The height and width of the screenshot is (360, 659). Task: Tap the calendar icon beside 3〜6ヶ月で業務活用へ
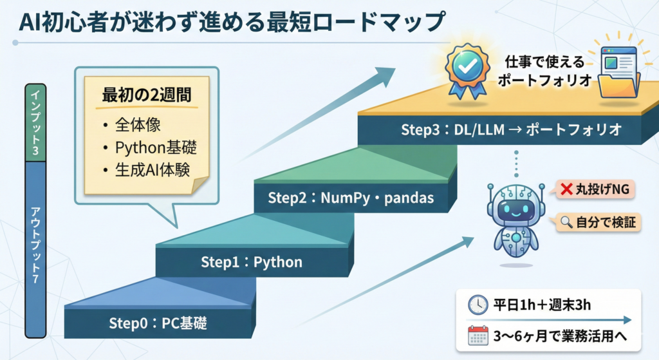point(478,336)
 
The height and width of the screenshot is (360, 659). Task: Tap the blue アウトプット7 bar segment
point(35,245)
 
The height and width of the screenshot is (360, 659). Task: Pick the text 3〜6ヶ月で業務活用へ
point(559,336)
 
